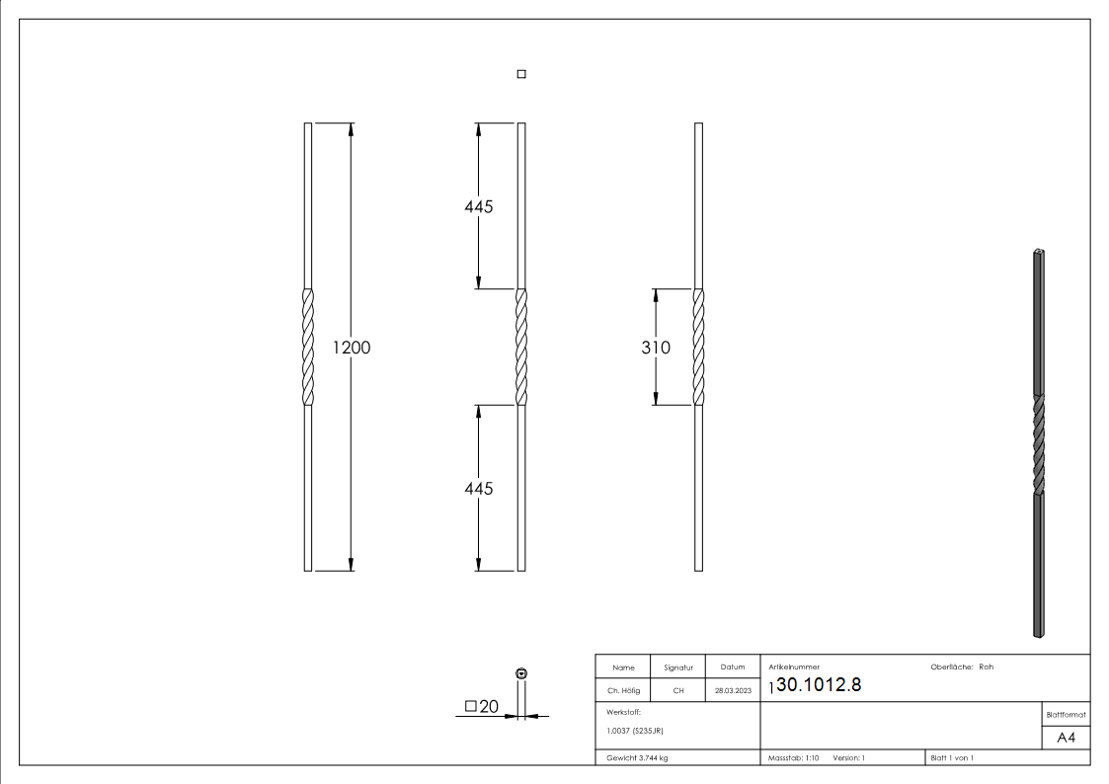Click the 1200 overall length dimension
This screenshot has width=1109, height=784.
point(352,348)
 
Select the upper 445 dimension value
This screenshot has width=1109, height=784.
point(478,206)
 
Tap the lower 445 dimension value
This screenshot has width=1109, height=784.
point(478,489)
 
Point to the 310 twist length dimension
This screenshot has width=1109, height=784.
point(656,348)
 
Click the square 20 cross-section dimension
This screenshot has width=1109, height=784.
point(482,706)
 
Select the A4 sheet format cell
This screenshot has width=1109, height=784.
point(1066,738)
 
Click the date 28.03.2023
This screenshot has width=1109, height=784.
point(733,691)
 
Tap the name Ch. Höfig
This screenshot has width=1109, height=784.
point(623,691)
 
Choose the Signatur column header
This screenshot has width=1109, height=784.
point(678,667)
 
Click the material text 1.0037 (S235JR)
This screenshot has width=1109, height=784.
point(634,731)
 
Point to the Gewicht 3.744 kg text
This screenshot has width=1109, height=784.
point(638,758)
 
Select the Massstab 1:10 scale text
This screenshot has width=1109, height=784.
point(794,758)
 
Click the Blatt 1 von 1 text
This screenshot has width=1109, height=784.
point(952,758)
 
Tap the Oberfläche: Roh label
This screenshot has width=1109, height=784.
point(962,667)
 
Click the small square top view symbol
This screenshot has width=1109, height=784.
point(521,74)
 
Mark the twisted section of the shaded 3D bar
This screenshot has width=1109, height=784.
point(1038,444)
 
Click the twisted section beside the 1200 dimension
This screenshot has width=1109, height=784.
point(308,348)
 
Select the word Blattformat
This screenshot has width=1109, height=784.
point(1066,714)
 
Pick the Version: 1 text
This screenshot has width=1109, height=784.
point(849,758)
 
